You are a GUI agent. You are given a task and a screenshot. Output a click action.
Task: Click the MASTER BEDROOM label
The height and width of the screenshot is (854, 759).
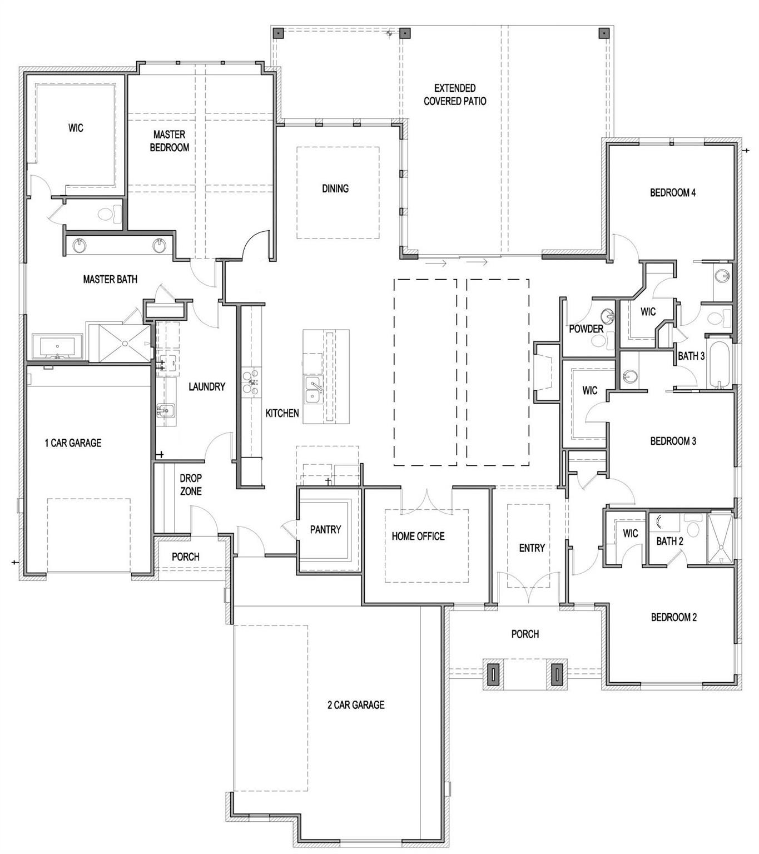170,141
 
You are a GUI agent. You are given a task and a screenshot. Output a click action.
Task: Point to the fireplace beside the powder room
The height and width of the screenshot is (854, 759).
544,371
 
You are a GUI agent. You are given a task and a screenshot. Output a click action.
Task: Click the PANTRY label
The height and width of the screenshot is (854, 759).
325,529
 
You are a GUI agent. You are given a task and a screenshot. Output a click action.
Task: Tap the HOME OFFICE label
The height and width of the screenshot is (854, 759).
418,536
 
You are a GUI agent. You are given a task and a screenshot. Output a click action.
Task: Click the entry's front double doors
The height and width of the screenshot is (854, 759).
529,591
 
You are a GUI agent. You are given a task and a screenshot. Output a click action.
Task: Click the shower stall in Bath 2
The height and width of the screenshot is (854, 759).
721,538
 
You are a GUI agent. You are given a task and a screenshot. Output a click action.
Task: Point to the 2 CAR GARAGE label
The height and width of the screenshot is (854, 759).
356,704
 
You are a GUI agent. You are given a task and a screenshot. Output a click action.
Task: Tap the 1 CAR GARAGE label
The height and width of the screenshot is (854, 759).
73,443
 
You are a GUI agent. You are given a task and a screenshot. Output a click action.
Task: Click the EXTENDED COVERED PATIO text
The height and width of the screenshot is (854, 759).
455,95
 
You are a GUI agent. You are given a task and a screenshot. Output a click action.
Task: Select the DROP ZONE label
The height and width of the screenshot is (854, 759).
190,484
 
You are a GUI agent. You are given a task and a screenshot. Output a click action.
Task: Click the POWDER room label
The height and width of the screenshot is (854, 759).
586,329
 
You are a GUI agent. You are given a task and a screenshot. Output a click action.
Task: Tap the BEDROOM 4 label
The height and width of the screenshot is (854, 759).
673,193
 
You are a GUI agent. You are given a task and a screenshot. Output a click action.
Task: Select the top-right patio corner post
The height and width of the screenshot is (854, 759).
603,33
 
